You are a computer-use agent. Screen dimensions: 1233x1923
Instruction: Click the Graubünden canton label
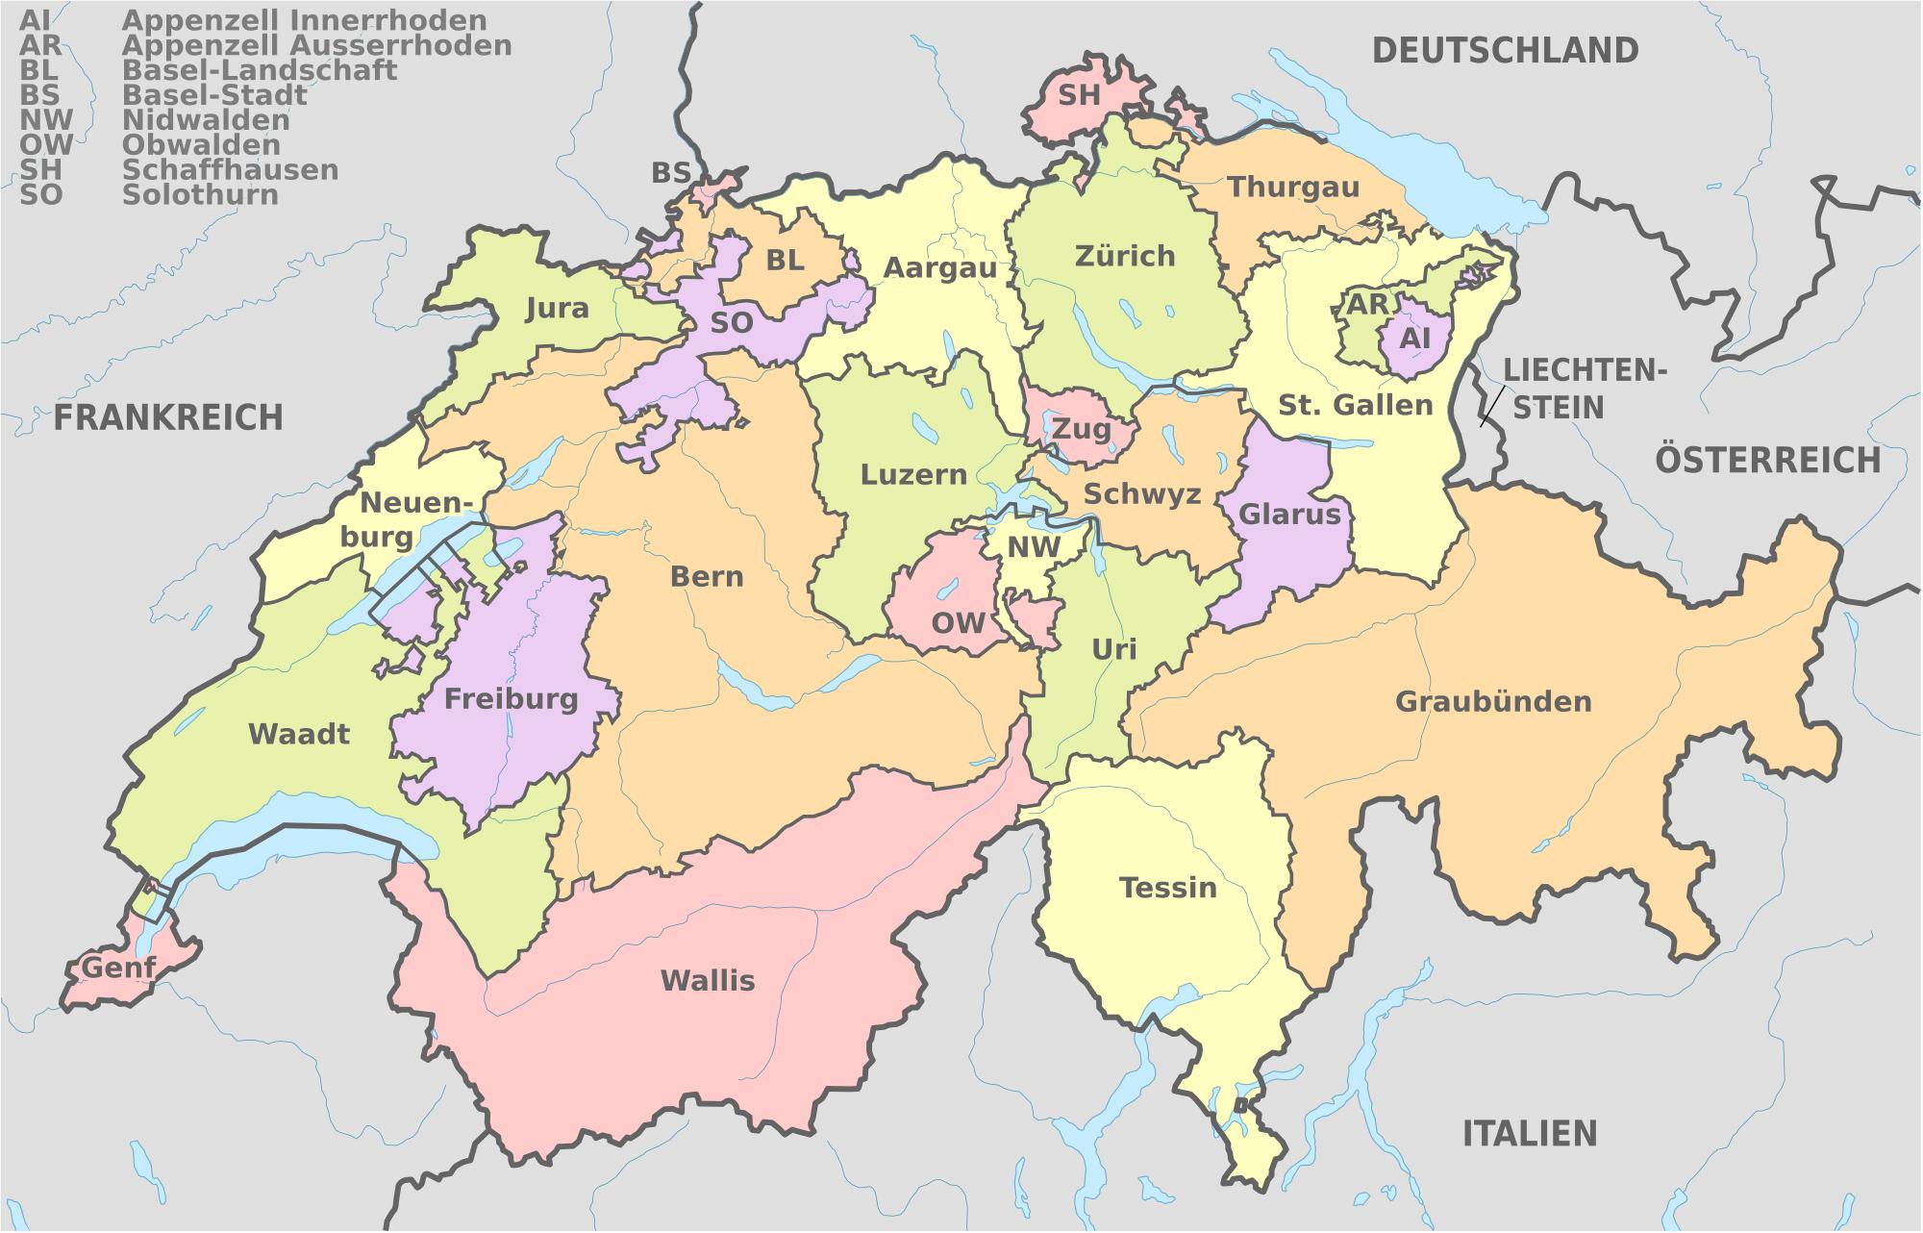(x=1493, y=701)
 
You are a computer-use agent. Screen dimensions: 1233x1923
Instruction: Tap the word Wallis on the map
(x=708, y=980)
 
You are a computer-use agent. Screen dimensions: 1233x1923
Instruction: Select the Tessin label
(x=1167, y=887)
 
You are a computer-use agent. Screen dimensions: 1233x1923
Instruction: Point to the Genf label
(x=118, y=966)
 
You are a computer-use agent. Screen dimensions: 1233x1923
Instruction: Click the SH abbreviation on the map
(x=1079, y=94)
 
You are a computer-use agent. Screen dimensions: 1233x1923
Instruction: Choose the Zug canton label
(x=1081, y=428)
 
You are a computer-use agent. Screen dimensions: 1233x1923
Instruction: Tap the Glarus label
(x=1289, y=515)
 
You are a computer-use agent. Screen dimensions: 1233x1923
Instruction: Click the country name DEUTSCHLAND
(x=1505, y=50)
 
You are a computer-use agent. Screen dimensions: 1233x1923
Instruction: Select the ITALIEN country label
(x=1530, y=1133)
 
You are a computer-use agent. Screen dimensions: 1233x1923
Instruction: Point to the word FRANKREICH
(x=168, y=417)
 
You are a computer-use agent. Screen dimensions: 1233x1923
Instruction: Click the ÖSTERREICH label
(x=1767, y=461)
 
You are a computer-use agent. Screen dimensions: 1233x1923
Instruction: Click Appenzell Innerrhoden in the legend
(x=304, y=20)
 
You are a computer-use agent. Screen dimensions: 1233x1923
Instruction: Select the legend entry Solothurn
(x=200, y=195)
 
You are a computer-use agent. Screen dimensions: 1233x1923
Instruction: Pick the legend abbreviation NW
(x=45, y=120)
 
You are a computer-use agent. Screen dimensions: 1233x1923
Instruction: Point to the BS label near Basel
(x=670, y=172)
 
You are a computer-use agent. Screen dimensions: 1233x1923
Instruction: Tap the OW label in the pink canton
(x=958, y=622)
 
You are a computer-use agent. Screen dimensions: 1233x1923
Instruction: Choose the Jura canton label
(x=558, y=308)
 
